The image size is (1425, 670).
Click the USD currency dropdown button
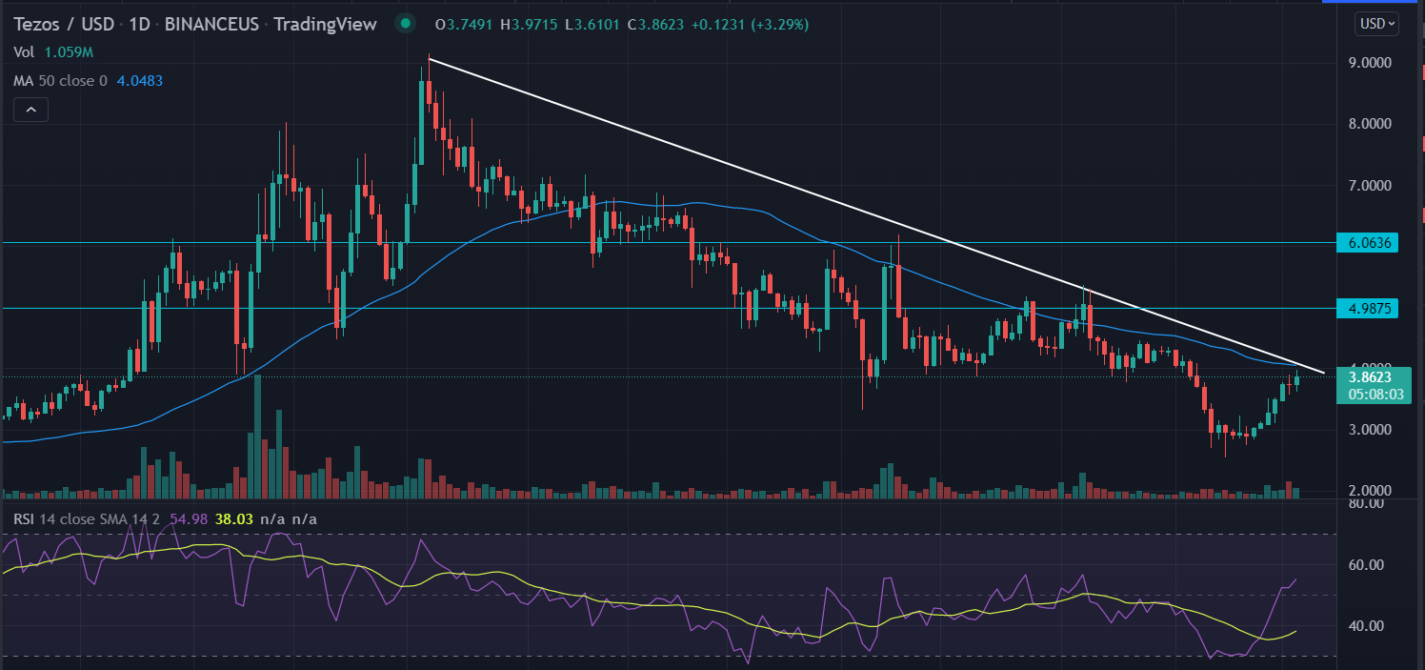coord(1375,24)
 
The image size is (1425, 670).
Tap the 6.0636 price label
coord(1371,243)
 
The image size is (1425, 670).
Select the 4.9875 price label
coord(1371,308)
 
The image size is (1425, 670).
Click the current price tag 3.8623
coord(1371,377)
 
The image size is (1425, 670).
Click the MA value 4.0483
coord(139,81)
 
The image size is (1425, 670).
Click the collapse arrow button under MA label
coord(31,111)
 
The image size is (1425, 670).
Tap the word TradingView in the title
coord(325,25)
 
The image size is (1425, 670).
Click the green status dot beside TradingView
coord(407,24)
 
